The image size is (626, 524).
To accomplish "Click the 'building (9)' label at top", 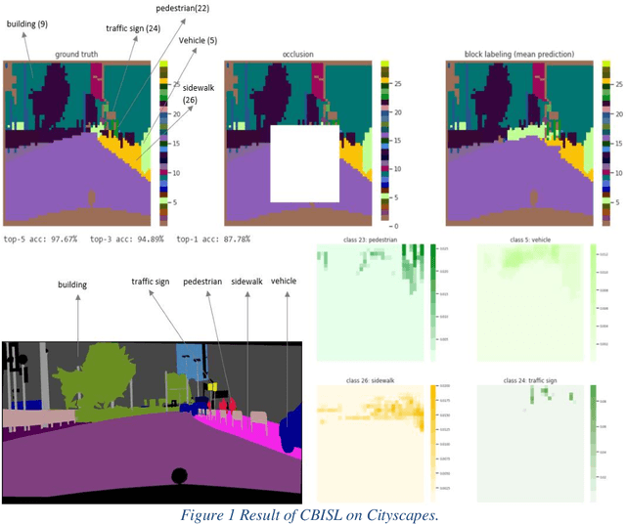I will click(28, 22).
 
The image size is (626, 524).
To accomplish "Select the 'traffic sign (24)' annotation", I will click(133, 28).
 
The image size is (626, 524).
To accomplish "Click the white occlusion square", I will click(304, 163).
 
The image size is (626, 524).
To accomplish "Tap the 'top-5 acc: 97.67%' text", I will click(42, 239).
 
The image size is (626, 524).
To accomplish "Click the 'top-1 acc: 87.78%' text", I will click(212, 239).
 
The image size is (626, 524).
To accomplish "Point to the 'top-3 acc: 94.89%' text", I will click(127, 239).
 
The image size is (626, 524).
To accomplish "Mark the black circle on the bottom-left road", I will click(179, 476).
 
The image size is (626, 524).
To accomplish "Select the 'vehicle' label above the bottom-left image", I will click(284, 281).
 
